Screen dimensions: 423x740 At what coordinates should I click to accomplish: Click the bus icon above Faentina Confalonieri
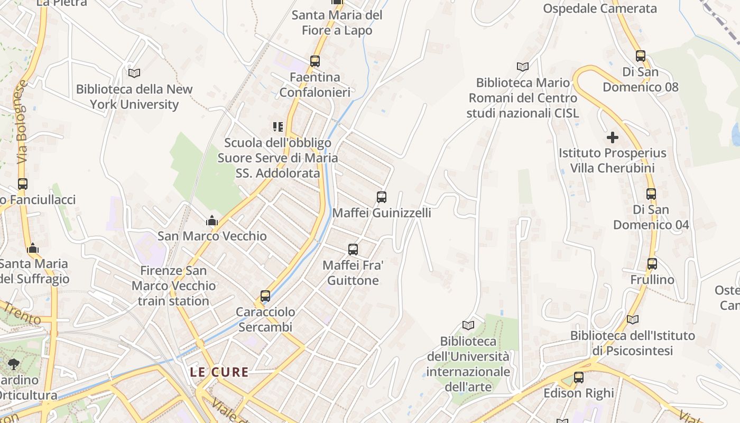tap(315, 61)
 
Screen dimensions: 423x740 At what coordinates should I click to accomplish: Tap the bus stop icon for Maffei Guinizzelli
tap(382, 197)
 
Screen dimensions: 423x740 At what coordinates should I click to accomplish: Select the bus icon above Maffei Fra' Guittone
tap(353, 250)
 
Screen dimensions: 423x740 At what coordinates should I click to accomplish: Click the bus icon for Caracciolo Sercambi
tap(265, 296)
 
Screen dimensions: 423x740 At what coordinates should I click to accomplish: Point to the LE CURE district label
tap(219, 372)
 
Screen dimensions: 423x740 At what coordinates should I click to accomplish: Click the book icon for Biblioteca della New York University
tap(134, 73)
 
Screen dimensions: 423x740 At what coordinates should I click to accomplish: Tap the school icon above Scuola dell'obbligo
tap(278, 127)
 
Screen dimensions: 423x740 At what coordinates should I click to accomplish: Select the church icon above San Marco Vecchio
tap(212, 220)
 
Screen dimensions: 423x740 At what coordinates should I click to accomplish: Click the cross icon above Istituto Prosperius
tap(613, 138)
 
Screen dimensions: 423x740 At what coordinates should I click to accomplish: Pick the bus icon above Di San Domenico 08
tap(641, 56)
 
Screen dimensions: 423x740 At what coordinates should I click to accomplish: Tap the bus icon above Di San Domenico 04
tap(651, 194)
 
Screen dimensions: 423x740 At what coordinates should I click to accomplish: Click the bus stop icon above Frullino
tap(652, 264)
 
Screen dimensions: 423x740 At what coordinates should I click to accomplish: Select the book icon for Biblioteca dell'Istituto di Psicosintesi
tap(633, 319)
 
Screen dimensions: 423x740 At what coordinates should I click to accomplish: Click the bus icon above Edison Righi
tap(579, 378)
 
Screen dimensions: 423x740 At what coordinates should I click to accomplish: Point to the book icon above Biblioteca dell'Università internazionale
tap(468, 325)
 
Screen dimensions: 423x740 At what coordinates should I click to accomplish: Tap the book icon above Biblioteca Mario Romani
tap(523, 67)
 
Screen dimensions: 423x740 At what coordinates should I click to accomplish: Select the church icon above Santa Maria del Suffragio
tap(33, 248)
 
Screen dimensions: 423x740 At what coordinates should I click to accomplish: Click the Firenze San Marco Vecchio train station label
tap(173, 286)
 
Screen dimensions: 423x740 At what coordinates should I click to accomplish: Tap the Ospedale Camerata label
tap(600, 8)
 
